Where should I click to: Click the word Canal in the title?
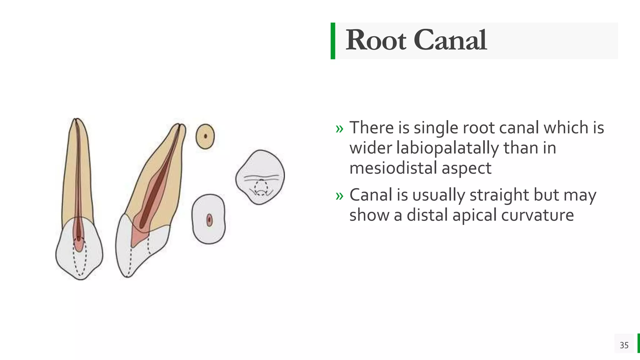pyautogui.click(x=450, y=40)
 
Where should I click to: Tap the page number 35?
pyautogui.click(x=624, y=345)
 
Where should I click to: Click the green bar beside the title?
pyautogui.click(x=333, y=41)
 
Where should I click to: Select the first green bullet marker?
pyautogui.click(x=339, y=128)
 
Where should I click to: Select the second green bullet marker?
pyautogui.click(x=339, y=196)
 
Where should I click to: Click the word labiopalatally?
pyautogui.click(x=447, y=148)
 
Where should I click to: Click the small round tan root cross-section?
pyautogui.click(x=205, y=136)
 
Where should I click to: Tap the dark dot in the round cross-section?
pyautogui.click(x=206, y=136)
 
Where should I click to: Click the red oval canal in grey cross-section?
pyautogui.click(x=209, y=220)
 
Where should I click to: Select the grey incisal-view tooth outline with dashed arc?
pyautogui.click(x=260, y=177)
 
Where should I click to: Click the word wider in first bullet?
pyautogui.click(x=371, y=148)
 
